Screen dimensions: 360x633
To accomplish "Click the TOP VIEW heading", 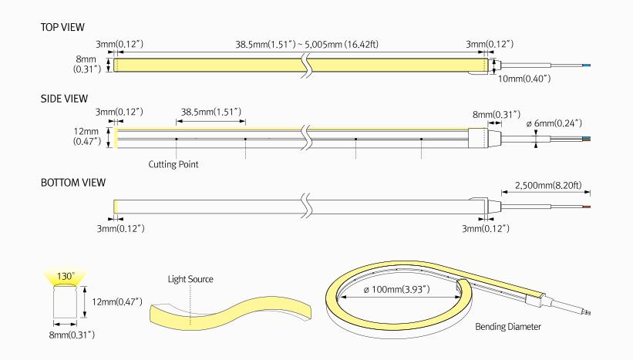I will pyautogui.click(x=62, y=27).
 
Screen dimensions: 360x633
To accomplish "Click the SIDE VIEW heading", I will pyautogui.click(x=63, y=99).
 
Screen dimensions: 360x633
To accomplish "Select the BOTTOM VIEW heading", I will pyautogui.click(x=73, y=183).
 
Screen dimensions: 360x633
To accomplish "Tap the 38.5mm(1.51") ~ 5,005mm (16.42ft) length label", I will pyautogui.click(x=307, y=44).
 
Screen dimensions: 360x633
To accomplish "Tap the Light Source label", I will pyautogui.click(x=190, y=278).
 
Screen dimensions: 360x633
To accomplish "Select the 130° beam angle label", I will pyautogui.click(x=66, y=275).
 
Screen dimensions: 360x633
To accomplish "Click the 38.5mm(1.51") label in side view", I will pyautogui.click(x=211, y=113).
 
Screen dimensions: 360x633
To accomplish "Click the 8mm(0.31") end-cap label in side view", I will pyautogui.click(x=495, y=114).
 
